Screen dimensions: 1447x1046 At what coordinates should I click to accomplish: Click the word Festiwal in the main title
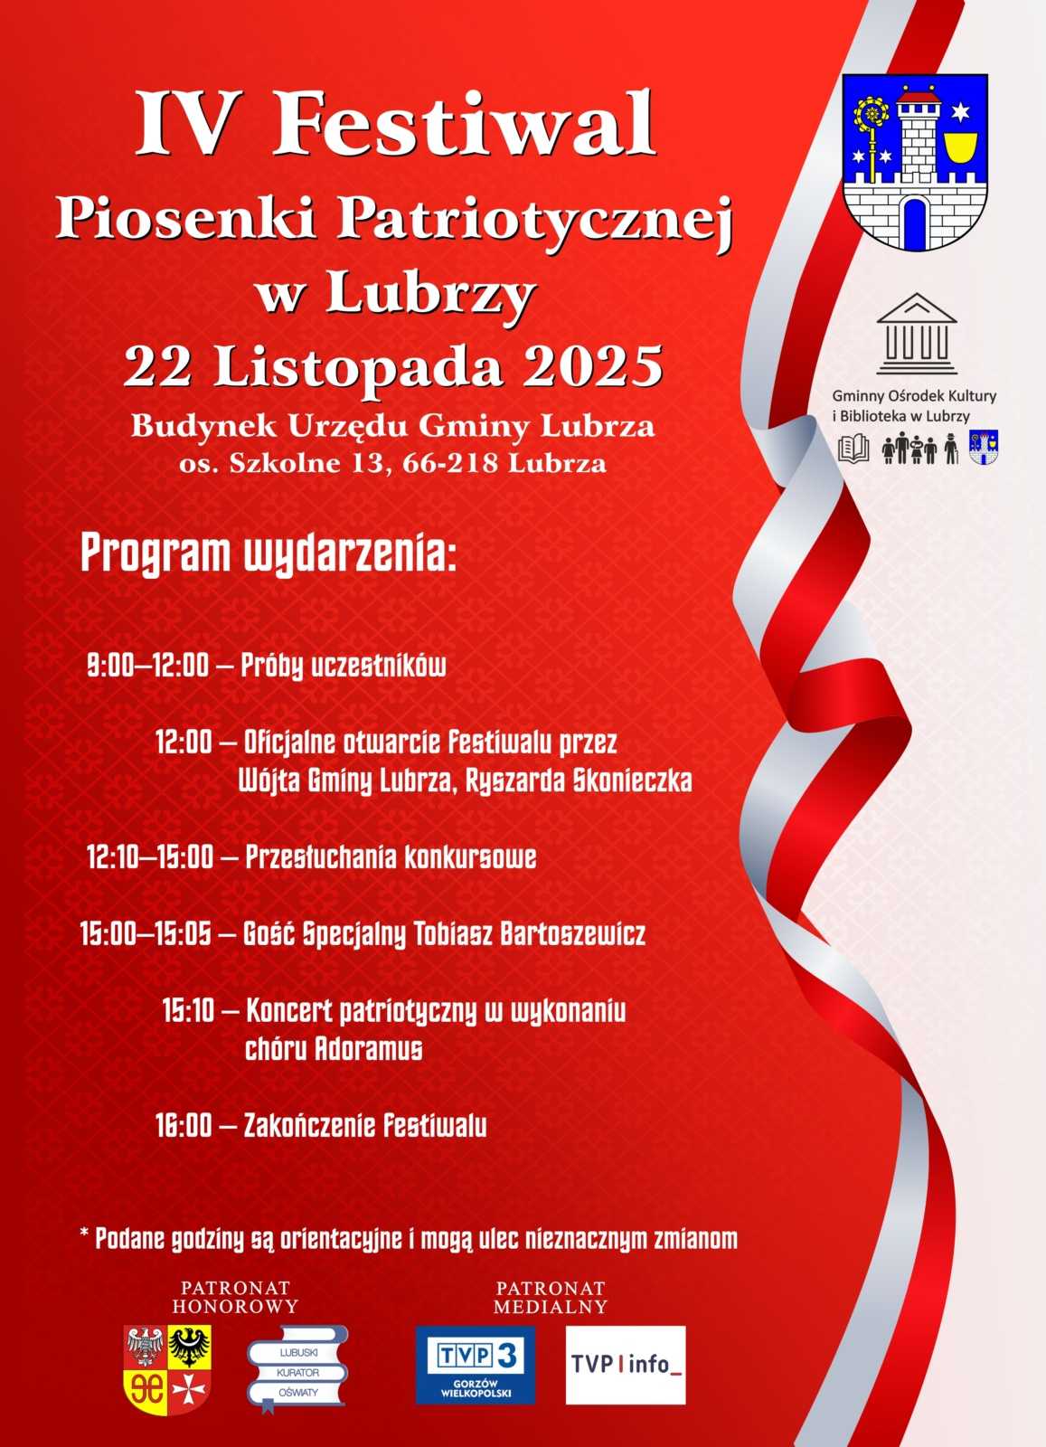(464, 125)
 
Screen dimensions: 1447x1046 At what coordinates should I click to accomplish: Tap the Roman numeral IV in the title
(183, 125)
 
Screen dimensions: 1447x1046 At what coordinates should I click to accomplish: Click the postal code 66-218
(451, 464)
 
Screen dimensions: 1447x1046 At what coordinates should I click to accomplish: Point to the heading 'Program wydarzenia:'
(269, 553)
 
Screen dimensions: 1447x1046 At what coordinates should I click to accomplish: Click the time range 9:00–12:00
(147, 667)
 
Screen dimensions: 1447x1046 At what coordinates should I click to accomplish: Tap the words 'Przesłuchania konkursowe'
(391, 856)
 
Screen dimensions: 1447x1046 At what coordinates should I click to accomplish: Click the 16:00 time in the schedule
(184, 1126)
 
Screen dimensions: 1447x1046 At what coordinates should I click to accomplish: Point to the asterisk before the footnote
(85, 1234)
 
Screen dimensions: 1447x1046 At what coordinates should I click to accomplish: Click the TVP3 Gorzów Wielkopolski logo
(475, 1365)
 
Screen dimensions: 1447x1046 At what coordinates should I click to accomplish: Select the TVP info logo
(626, 1365)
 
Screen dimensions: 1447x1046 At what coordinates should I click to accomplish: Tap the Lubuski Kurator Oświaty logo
(297, 1368)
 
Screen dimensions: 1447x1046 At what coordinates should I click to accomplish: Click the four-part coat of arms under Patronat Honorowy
(167, 1369)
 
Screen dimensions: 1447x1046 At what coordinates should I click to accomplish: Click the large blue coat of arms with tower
(915, 162)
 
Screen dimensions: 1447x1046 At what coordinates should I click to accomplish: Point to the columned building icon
(916, 334)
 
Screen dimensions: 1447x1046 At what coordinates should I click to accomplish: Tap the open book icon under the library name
(853, 449)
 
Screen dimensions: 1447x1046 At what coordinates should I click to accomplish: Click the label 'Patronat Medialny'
(550, 1297)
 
